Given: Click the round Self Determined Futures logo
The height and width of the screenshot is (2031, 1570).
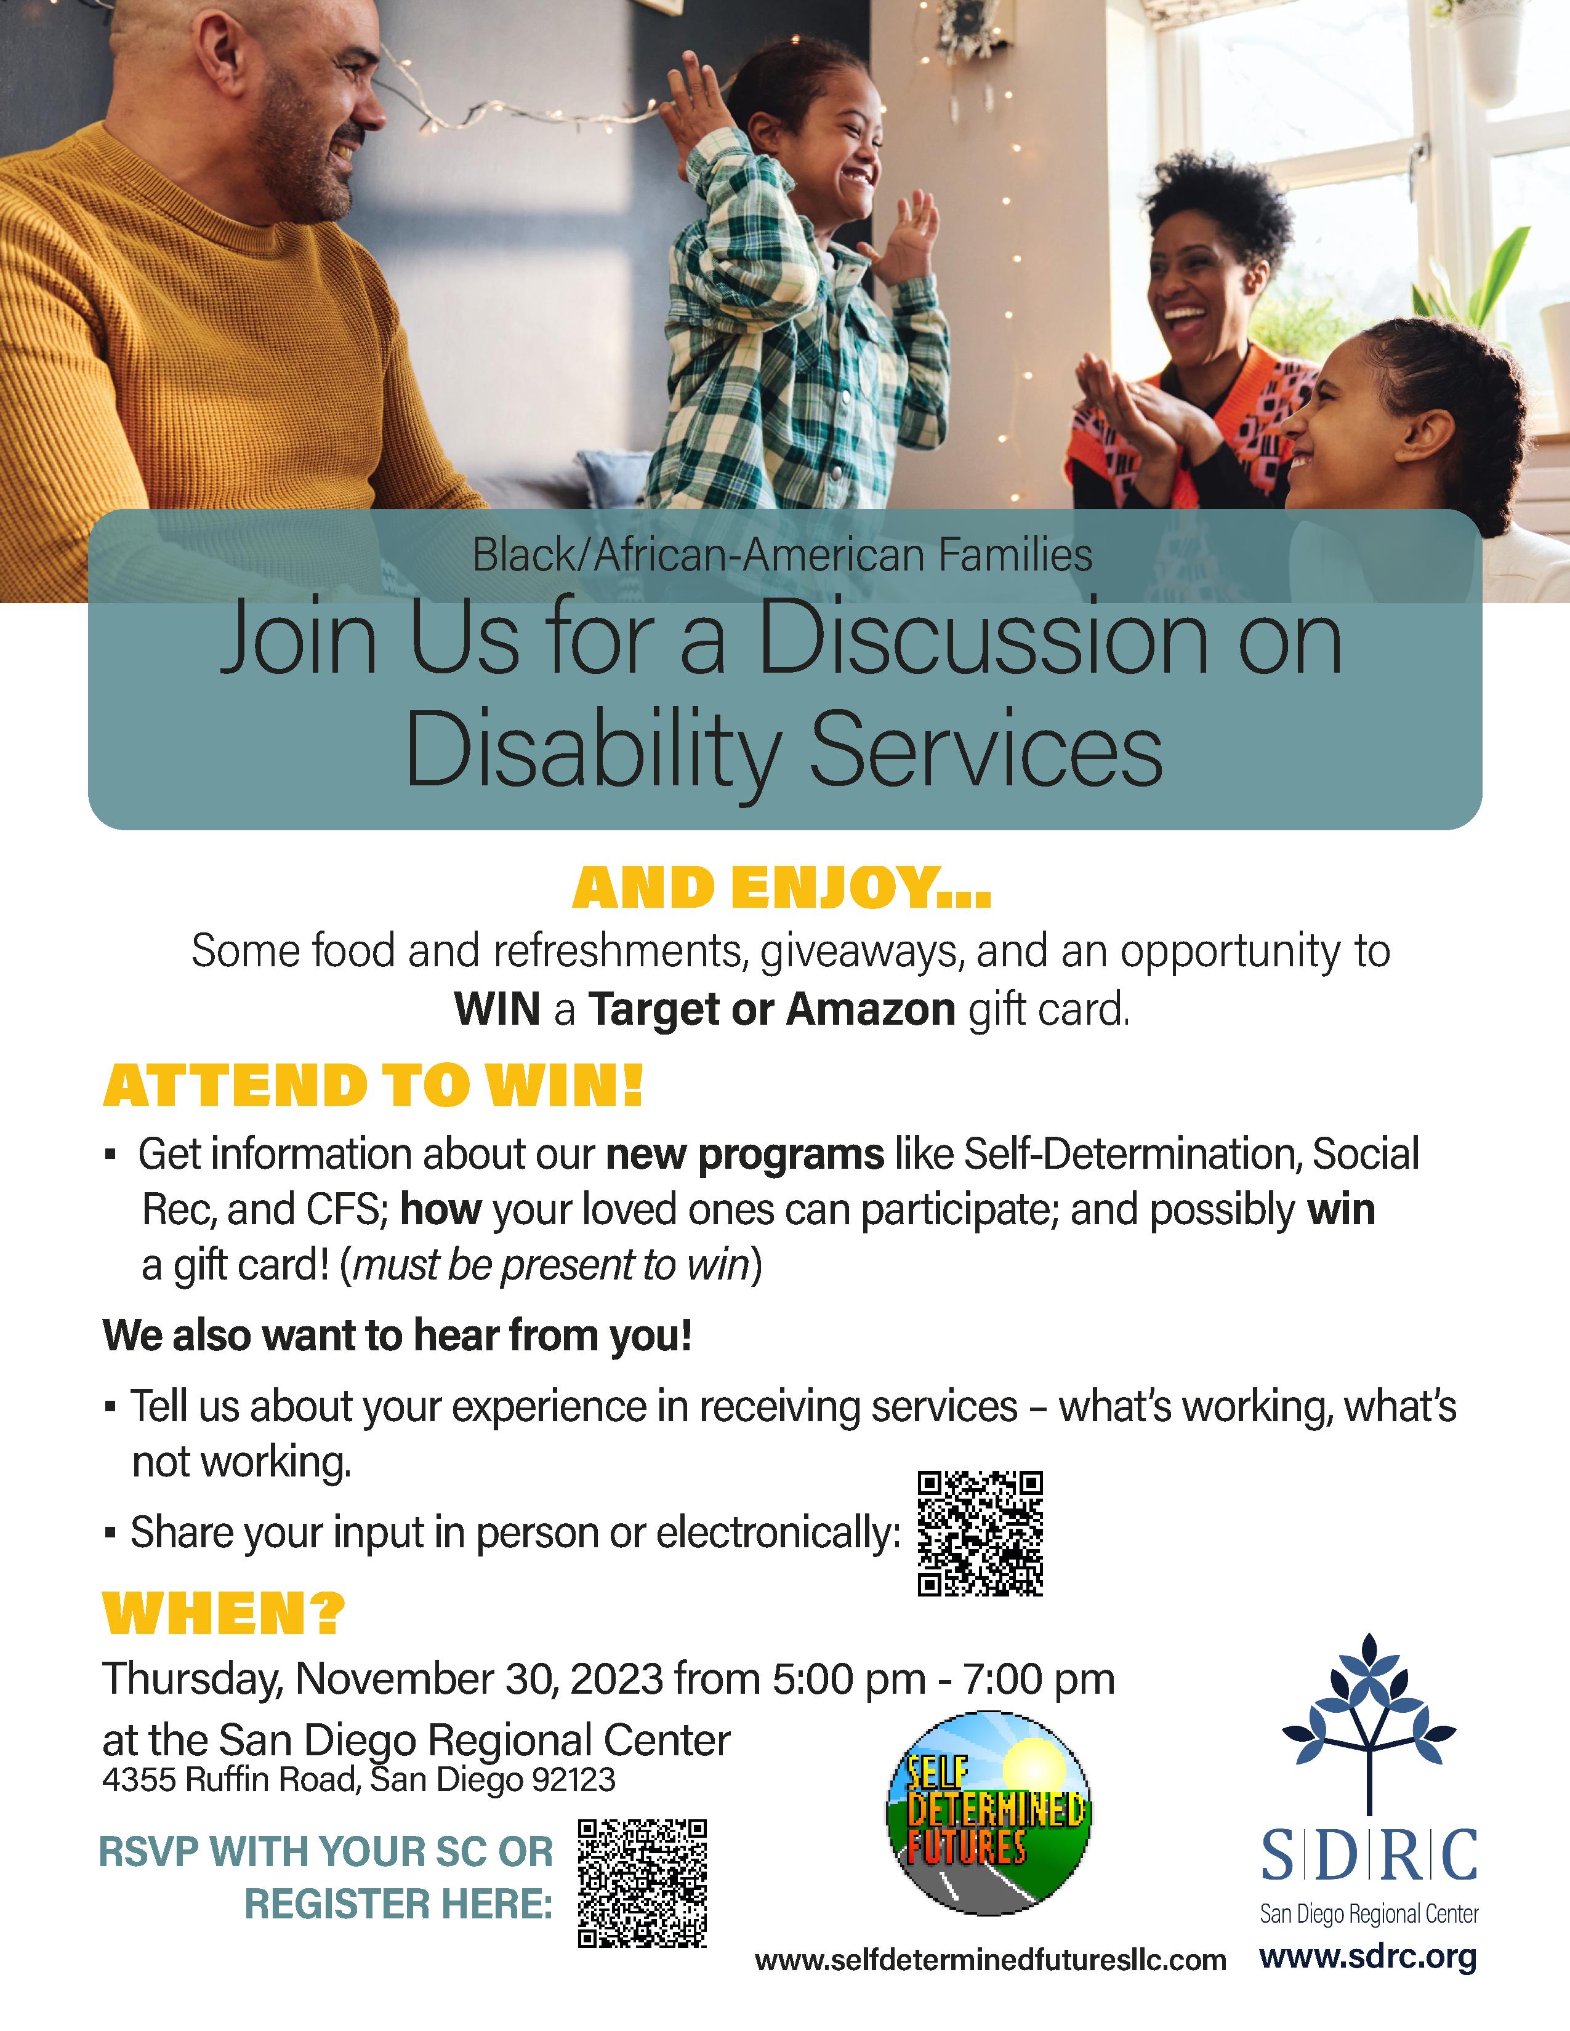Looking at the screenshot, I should click(988, 1813).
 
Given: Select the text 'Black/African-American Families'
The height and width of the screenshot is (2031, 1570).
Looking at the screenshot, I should click(782, 555).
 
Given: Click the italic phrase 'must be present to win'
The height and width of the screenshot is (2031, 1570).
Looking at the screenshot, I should click(552, 1265).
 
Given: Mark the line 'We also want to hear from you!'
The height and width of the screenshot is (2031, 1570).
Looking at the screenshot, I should click(397, 1336).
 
